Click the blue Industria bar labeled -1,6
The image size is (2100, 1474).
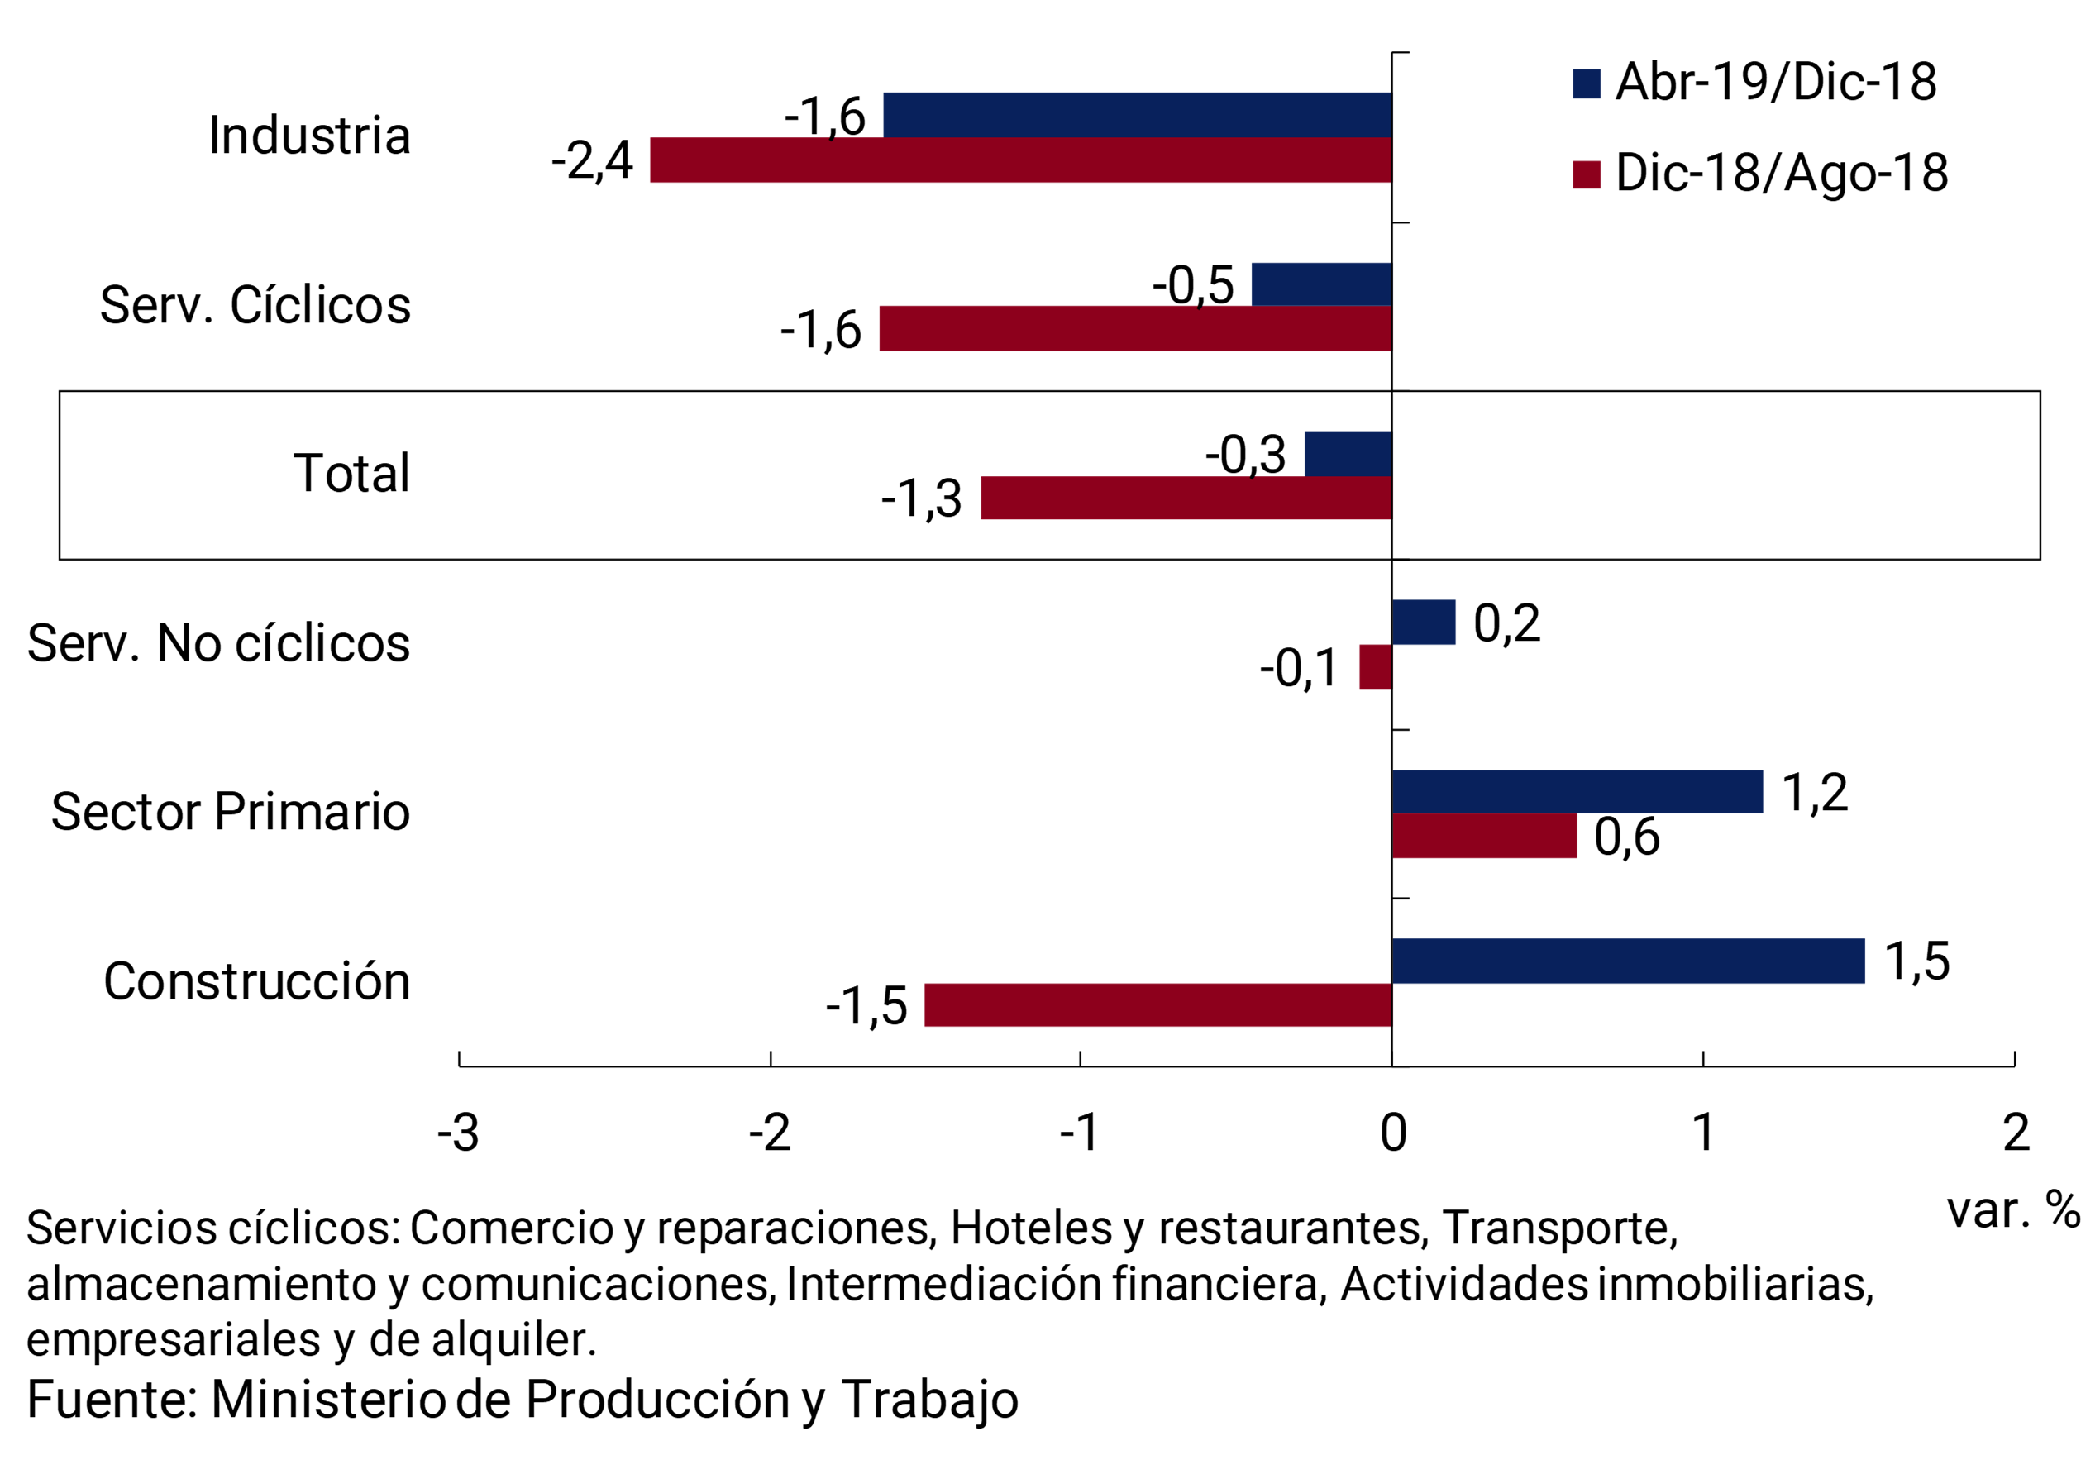tap(1137, 115)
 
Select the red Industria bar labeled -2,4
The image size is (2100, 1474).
tap(1021, 160)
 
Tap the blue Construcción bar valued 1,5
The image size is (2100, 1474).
tap(1627, 961)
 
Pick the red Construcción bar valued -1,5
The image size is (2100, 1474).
tap(1158, 1005)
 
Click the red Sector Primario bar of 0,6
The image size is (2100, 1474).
tap(1483, 836)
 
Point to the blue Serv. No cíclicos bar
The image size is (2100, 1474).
tap(1423, 623)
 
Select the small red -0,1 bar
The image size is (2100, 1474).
tap(1376, 666)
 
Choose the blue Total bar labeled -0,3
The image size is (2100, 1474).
tap(1348, 454)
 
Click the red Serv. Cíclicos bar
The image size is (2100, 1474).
tap(1135, 328)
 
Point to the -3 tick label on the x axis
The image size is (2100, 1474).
tap(458, 1133)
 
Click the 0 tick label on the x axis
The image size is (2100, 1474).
tap(1393, 1133)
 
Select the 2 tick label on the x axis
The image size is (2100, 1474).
tap(2016, 1133)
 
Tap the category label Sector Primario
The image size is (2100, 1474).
tap(231, 812)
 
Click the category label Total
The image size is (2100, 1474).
tap(351, 474)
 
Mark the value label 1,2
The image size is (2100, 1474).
tap(1815, 792)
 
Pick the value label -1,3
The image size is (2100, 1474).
tap(921, 498)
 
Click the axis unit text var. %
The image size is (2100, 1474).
tap(2013, 1209)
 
